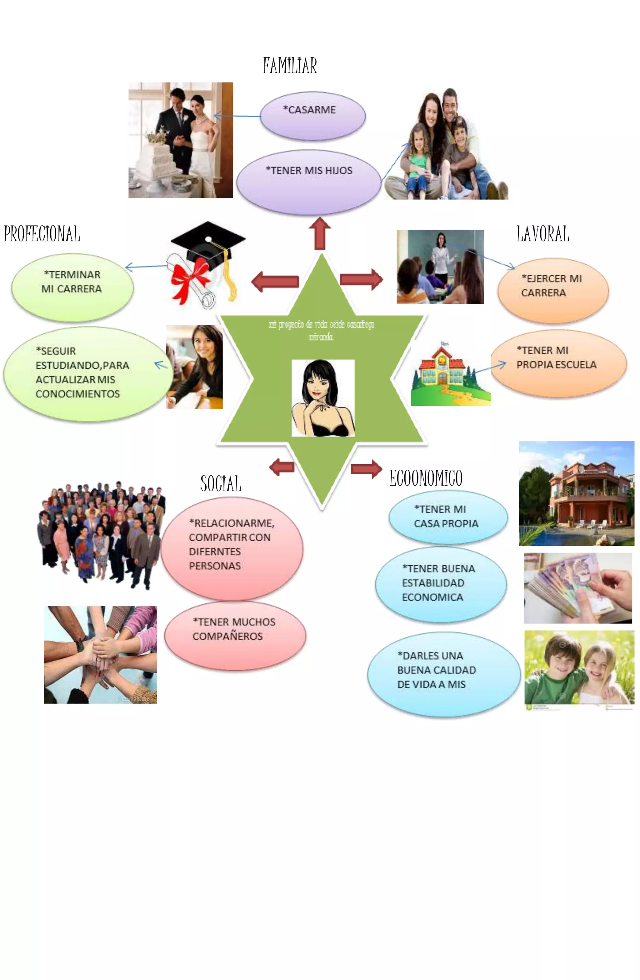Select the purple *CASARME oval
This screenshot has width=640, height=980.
[x=312, y=116]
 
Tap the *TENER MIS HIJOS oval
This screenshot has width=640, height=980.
[x=308, y=181]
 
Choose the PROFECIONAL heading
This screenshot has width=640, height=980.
[x=42, y=234]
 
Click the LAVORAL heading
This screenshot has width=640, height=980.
[x=542, y=234]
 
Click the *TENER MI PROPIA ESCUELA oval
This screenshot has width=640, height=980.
[x=558, y=363]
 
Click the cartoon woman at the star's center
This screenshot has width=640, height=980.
[x=322, y=398]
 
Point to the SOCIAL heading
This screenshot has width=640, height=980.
[x=220, y=483]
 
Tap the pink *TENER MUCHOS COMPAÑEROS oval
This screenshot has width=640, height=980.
[x=235, y=635]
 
